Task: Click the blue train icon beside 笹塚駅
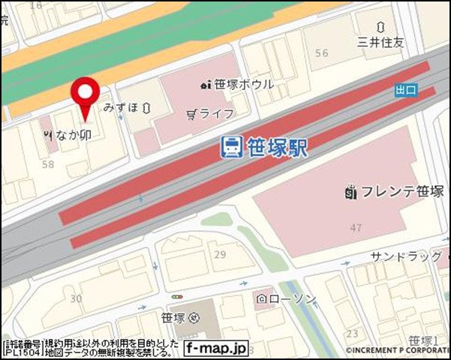click(x=231, y=147)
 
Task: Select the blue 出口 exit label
click(x=405, y=91)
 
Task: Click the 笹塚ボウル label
click(x=242, y=85)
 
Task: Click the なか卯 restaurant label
click(x=74, y=135)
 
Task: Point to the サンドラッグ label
click(x=406, y=257)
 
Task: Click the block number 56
click(x=322, y=53)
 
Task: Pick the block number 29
click(x=220, y=256)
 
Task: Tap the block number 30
click(x=75, y=298)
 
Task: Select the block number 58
click(x=50, y=163)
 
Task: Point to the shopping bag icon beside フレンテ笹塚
click(x=350, y=192)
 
